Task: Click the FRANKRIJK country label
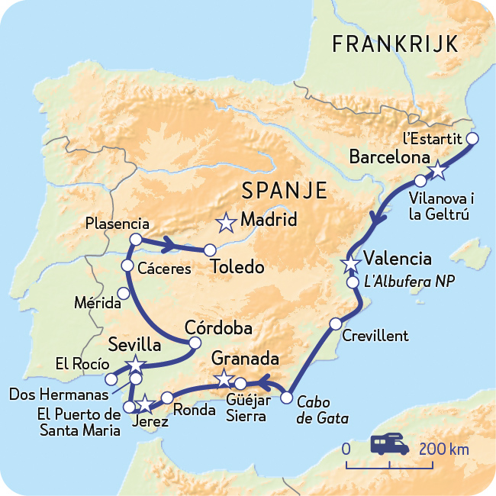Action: click(395, 44)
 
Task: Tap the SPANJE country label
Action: click(283, 190)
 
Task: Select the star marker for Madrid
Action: click(226, 223)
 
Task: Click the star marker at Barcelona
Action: click(437, 171)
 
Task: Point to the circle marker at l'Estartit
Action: click(472, 139)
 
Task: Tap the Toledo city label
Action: click(238, 268)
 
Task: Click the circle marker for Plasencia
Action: click(136, 240)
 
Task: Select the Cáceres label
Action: click(164, 269)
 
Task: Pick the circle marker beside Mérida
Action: click(124, 294)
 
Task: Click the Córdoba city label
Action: click(219, 327)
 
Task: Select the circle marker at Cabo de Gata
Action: click(287, 398)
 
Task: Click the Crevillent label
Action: click(375, 336)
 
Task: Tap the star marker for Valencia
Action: click(350, 264)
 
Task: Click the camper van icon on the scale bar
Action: click(389, 445)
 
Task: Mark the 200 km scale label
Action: click(443, 449)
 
